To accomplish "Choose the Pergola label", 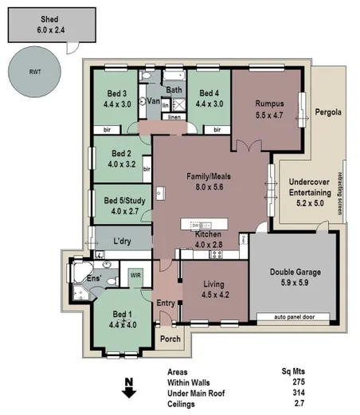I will (327, 112).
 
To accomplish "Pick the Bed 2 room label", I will (120, 159).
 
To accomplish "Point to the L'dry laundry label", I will (123, 240).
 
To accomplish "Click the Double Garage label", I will (297, 276).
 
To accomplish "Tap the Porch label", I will (170, 339).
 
